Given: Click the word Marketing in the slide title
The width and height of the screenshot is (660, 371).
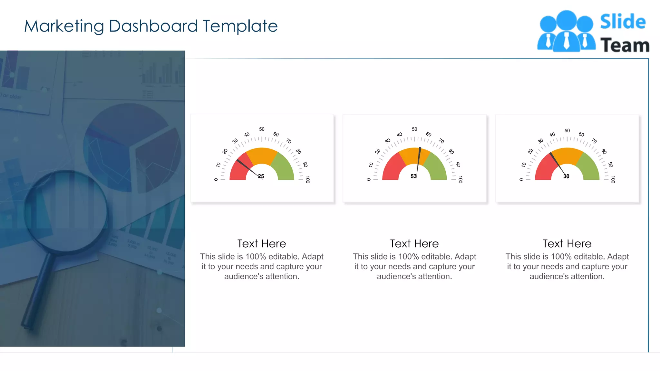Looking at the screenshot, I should [x=64, y=26].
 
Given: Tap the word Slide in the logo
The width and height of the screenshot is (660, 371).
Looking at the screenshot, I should [x=623, y=22].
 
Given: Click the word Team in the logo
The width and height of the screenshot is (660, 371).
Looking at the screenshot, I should [x=625, y=45].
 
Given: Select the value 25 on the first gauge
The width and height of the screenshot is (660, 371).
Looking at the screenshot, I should [x=261, y=176].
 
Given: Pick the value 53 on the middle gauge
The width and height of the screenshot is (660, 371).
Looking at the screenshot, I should [x=413, y=176].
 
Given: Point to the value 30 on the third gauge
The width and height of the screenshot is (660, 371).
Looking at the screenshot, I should [x=566, y=176].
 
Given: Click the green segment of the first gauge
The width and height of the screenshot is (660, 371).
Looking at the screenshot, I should [x=284, y=166].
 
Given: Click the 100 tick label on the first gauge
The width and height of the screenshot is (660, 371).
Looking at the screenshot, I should [x=308, y=179].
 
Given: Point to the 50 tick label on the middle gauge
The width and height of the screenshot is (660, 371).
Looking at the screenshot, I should [x=414, y=129].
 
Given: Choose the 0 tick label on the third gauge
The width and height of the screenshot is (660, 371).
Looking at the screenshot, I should [x=521, y=179].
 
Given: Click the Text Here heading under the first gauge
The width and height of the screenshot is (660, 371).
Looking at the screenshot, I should [x=262, y=243].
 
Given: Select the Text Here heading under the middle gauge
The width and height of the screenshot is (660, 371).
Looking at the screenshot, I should [x=414, y=243].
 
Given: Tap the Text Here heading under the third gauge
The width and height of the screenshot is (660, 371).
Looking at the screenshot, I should [x=567, y=243].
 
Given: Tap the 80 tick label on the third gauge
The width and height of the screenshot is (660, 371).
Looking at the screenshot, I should [x=604, y=151].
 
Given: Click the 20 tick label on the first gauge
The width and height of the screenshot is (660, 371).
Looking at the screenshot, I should [x=225, y=151].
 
